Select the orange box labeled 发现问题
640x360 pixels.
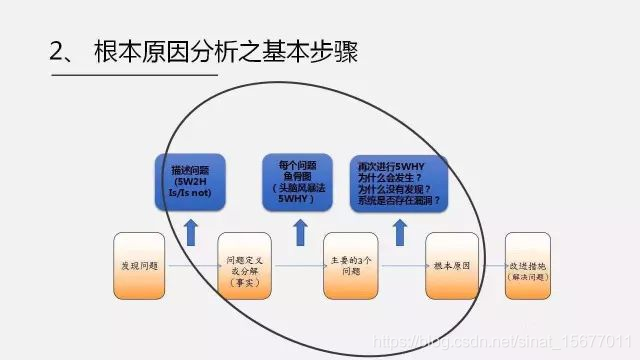(139, 265)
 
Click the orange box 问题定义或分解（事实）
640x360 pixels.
(244, 266)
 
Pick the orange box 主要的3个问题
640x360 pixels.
(351, 266)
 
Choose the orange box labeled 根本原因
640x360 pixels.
(455, 266)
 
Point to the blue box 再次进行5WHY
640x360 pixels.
(400, 181)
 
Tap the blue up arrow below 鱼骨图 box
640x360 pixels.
(297, 232)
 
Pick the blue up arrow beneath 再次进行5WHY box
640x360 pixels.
(400, 232)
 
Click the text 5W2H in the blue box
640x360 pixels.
(189, 182)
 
